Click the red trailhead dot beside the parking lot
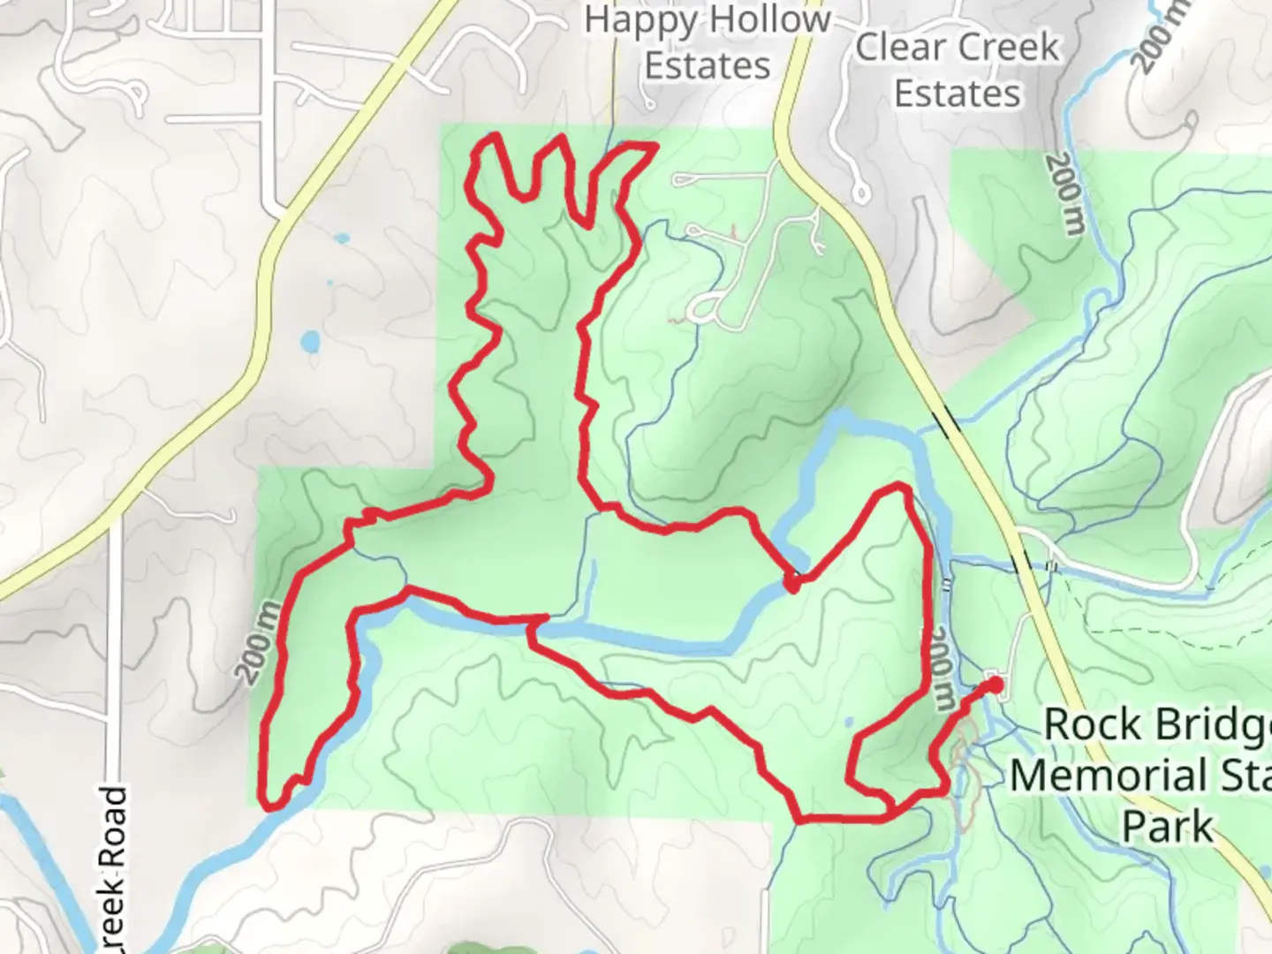coord(995,685)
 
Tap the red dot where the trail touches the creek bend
coord(792,582)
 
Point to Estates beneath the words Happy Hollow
coord(707,65)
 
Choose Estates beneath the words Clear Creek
coord(958,93)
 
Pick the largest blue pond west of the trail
coord(309,340)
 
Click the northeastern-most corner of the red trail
coord(655,146)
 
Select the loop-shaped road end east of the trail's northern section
coord(704,308)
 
